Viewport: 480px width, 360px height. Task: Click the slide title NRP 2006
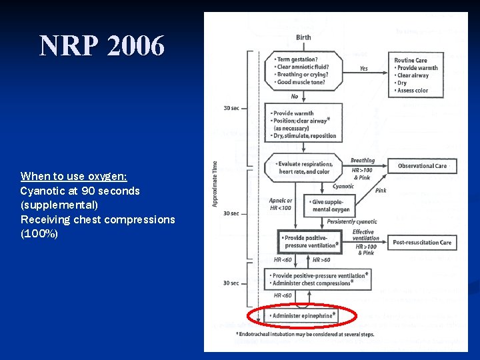[x=101, y=46]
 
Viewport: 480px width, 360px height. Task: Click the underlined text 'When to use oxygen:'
[x=73, y=176]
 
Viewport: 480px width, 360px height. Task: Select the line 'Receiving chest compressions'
[x=97, y=219]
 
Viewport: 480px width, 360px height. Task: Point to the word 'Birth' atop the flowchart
[x=303, y=37]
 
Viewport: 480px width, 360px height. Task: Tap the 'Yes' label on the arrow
[x=363, y=68]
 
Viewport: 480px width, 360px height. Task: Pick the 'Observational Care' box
[x=422, y=166]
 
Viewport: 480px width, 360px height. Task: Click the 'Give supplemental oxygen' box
[x=331, y=205]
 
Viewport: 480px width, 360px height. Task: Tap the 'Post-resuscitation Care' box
[x=422, y=243]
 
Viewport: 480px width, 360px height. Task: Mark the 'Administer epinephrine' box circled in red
[x=303, y=315]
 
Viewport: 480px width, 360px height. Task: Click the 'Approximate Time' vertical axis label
[x=215, y=183]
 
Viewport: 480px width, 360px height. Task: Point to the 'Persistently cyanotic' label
[x=351, y=222]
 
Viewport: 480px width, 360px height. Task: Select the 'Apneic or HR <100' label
[x=280, y=204]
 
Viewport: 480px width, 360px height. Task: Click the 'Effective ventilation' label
[x=365, y=235]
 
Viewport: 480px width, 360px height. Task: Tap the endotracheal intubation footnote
[x=305, y=334]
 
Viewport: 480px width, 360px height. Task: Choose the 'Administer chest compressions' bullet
[x=312, y=283]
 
